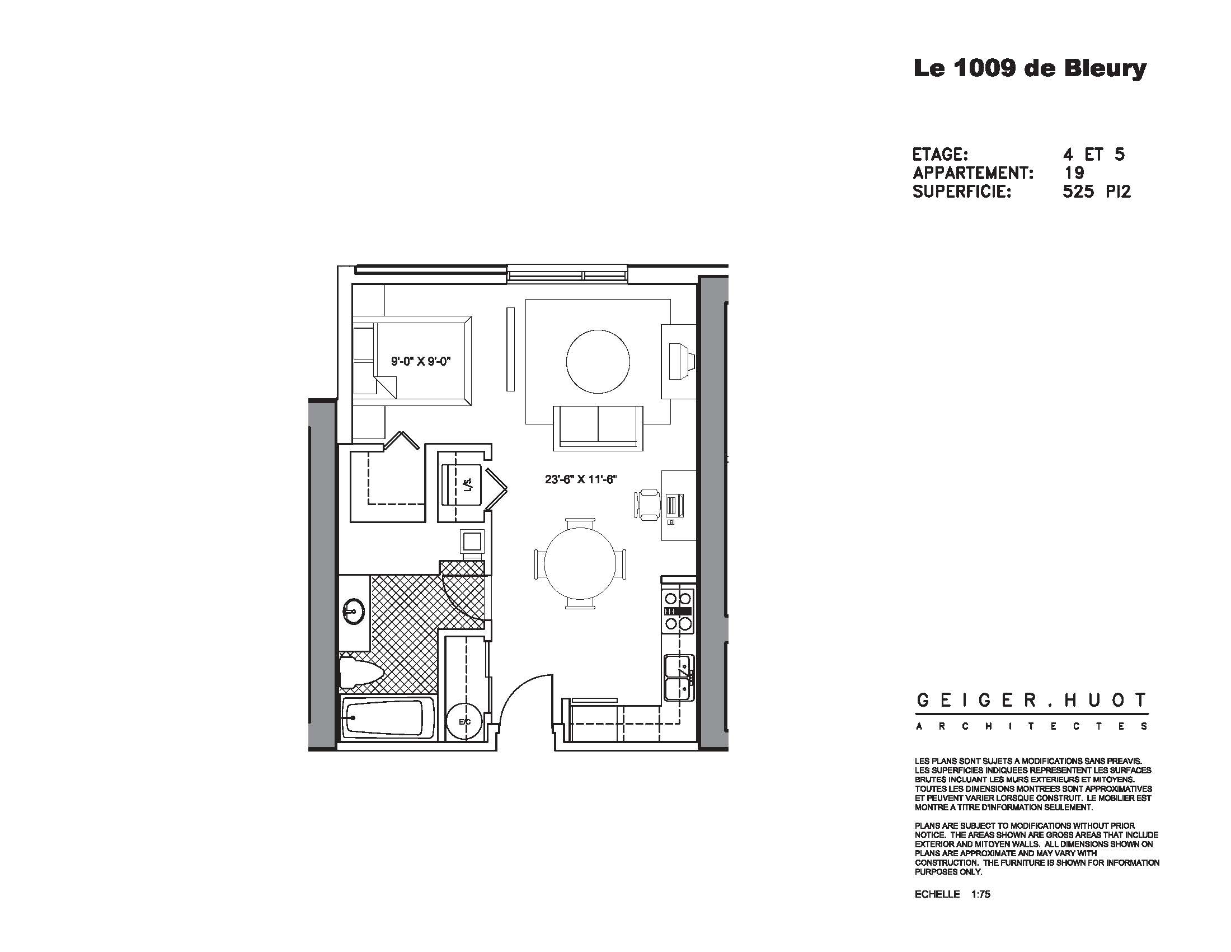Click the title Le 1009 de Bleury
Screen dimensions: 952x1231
coord(1030,69)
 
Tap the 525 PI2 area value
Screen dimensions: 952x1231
coord(1096,192)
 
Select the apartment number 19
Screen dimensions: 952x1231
coord(1074,172)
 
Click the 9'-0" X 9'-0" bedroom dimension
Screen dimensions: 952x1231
coord(421,362)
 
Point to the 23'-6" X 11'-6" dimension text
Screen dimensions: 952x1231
coord(581,479)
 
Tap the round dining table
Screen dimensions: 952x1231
coord(581,563)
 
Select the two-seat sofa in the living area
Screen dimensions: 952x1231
coord(598,427)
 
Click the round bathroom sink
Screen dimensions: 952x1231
coord(354,612)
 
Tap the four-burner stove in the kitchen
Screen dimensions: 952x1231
coord(678,611)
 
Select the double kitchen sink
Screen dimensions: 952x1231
coord(679,678)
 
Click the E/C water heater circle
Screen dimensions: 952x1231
coord(464,721)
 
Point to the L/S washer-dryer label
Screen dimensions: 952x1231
coord(467,484)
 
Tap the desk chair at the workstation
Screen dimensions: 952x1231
coord(649,503)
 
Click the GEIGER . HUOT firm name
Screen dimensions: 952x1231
coord(1031,701)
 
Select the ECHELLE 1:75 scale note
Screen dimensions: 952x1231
coord(952,909)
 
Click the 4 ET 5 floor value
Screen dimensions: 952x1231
coord(1093,154)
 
